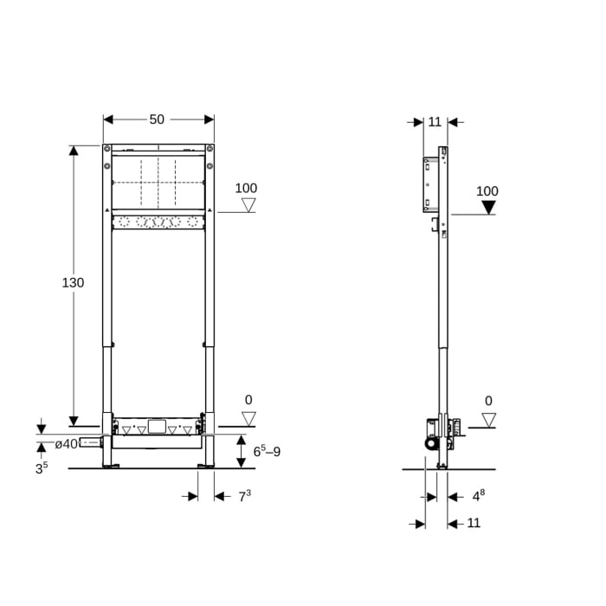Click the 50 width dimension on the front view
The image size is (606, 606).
[x=157, y=119]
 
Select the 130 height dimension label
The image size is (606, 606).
[x=73, y=282]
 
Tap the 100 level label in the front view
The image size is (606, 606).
[x=246, y=188]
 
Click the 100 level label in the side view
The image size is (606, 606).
[x=487, y=191]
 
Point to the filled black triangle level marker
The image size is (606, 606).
[x=488, y=207]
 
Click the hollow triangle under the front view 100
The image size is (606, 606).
[x=248, y=205]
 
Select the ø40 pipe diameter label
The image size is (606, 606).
[x=66, y=444]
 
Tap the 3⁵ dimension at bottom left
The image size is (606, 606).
[x=42, y=468]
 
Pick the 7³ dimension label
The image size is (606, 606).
[x=244, y=495]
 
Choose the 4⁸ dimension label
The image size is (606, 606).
[x=478, y=496]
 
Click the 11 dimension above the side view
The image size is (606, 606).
[x=435, y=121]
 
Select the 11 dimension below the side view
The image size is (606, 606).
[x=473, y=523]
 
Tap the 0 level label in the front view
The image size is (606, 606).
[x=248, y=400]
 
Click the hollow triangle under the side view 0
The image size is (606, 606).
[x=489, y=420]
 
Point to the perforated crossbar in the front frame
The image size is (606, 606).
[x=158, y=222]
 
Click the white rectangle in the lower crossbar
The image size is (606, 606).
[x=157, y=427]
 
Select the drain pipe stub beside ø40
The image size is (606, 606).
[x=90, y=443]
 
